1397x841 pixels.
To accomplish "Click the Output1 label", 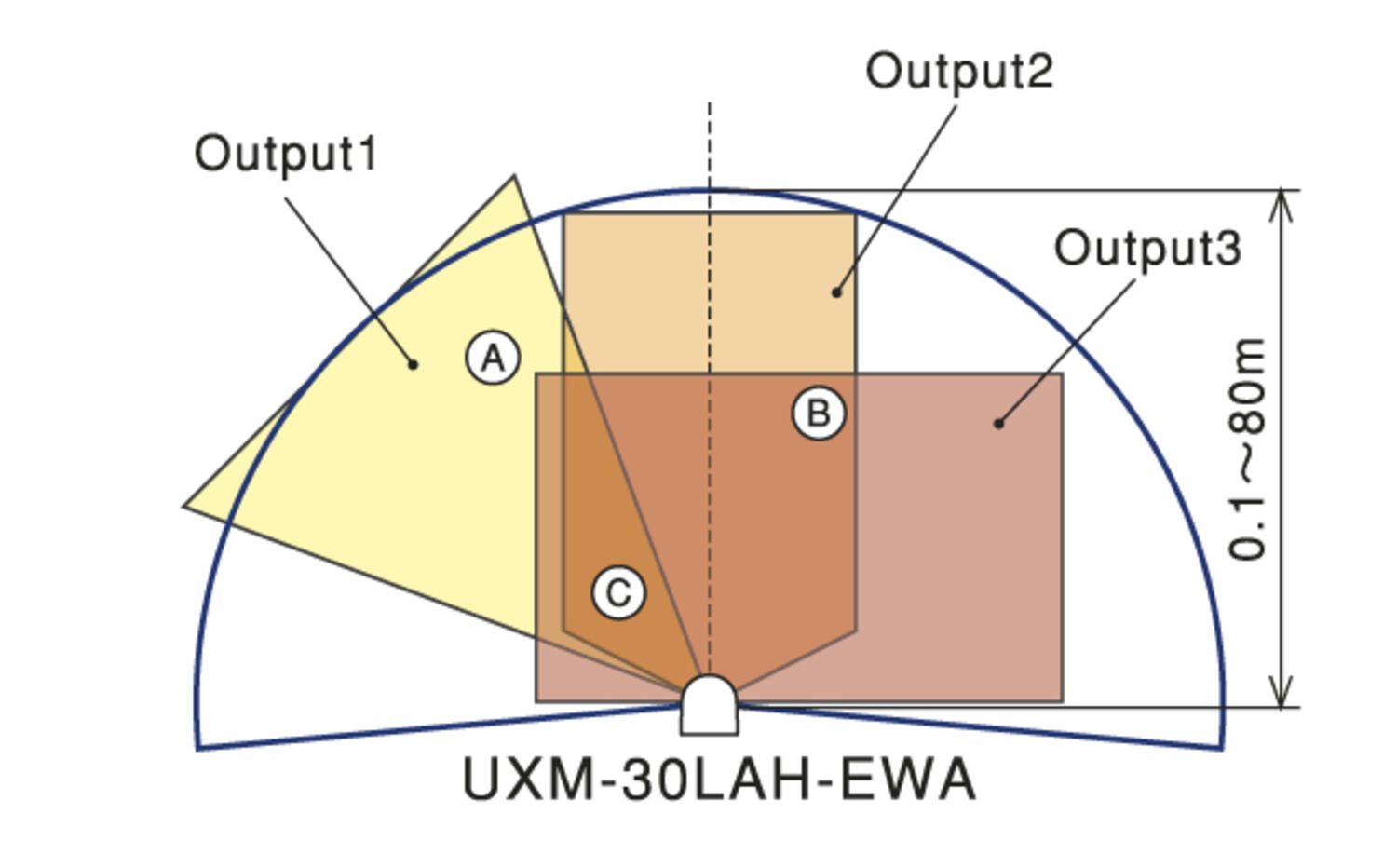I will tap(286, 154).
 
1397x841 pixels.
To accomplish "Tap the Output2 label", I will tap(959, 71).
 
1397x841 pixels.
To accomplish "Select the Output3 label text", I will tap(1147, 249).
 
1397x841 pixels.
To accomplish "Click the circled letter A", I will tap(493, 358).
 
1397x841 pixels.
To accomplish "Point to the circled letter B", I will tap(819, 414).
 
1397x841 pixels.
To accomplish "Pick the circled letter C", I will tap(618, 592).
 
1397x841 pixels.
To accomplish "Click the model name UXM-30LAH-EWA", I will tap(719, 780).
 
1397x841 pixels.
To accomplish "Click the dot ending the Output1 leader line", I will tap(414, 364).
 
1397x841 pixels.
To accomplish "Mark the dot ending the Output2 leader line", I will tap(836, 292).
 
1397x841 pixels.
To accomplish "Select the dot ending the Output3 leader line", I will tap(998, 424).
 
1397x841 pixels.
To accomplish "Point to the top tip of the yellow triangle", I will tap(514, 176).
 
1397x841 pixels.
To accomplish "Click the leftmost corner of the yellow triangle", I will tap(184, 507).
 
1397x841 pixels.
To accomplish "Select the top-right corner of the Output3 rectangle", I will tap(1063, 374).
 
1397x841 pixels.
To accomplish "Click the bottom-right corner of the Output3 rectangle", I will tap(1063, 700).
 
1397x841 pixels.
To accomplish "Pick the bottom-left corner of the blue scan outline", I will tap(198, 747).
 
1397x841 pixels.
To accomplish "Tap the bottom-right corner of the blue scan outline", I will tap(1222, 747).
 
